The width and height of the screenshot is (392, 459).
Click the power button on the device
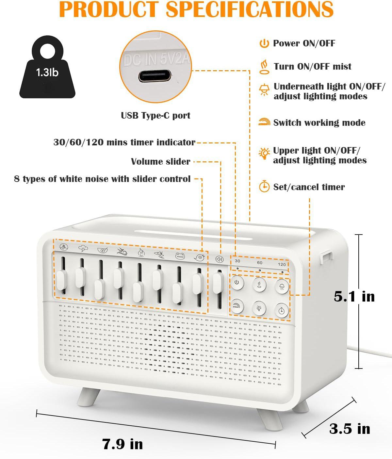pos(237,283)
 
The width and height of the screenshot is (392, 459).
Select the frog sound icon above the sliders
pos(180,256)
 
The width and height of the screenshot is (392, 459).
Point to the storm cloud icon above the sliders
pos(83,248)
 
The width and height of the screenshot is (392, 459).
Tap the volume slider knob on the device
pos(218,283)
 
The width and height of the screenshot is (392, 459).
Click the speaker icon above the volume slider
pos(220,259)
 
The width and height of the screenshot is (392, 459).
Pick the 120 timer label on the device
pos(282,264)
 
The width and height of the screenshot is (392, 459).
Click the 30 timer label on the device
pos(237,261)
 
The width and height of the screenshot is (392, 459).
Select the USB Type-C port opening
pos(155,76)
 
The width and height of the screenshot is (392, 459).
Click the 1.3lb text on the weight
pos(47,73)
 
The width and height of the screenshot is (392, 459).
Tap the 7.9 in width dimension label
pos(122,444)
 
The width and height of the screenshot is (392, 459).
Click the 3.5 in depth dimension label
pos(350,428)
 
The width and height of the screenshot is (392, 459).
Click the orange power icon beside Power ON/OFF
pos(264,43)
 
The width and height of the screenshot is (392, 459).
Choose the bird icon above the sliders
pos(199,257)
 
